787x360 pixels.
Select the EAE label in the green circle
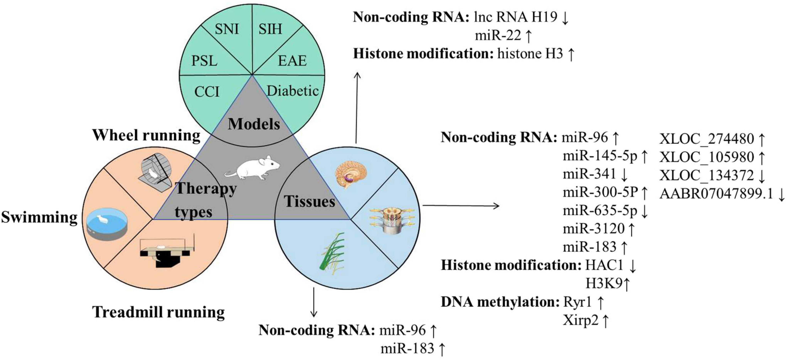point(292,61)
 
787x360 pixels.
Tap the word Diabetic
point(293,91)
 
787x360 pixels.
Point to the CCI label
point(207,92)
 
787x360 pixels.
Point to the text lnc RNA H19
point(516,17)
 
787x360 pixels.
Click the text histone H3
point(530,54)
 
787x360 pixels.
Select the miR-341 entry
point(589,174)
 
